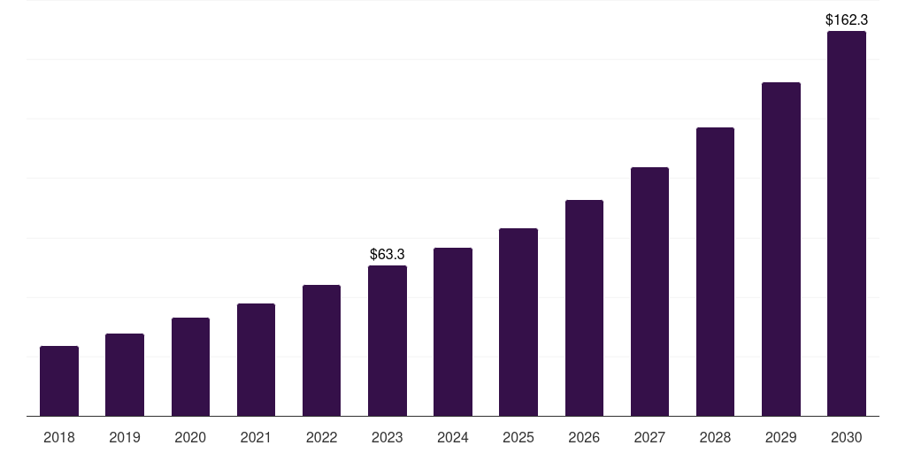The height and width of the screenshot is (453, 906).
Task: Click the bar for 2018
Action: click(x=59, y=380)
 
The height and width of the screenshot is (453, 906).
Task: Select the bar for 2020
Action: click(x=190, y=366)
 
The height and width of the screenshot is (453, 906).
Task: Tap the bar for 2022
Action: click(x=321, y=350)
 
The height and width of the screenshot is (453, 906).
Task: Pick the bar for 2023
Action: click(x=388, y=341)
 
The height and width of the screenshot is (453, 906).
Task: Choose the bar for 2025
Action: click(x=518, y=322)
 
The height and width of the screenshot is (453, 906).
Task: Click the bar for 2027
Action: click(x=649, y=291)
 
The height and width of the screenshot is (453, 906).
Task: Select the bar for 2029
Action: click(x=781, y=249)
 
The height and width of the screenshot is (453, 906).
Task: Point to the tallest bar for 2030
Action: click(x=847, y=223)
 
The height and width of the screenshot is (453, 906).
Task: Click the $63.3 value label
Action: click(x=388, y=255)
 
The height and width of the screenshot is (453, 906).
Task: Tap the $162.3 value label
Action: click(x=847, y=19)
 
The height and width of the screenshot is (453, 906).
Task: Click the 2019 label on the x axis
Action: click(x=125, y=437)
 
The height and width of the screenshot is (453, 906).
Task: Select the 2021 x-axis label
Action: click(x=256, y=437)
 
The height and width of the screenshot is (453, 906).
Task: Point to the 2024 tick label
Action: click(x=453, y=437)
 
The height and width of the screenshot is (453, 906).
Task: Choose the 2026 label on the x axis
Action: click(x=584, y=437)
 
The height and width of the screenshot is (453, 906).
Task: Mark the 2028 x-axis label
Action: click(x=715, y=437)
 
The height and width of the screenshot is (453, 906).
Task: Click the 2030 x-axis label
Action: click(x=847, y=437)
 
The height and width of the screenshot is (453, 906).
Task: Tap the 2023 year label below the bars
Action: click(x=388, y=437)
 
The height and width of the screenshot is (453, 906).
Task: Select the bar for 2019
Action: click(x=125, y=374)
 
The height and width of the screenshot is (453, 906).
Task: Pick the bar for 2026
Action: click(x=584, y=308)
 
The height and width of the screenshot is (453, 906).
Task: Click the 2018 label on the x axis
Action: click(x=59, y=437)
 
